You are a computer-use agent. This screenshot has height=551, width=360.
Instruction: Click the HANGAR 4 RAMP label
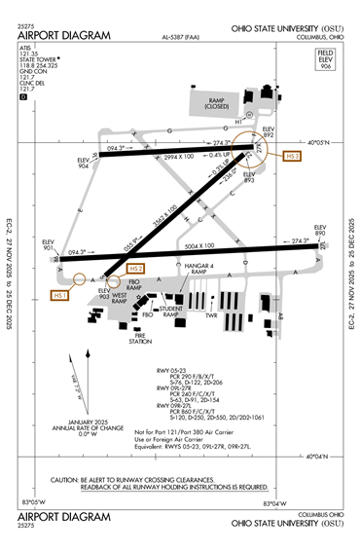pos(191,270)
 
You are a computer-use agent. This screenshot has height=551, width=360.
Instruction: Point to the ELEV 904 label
pos(88,164)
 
